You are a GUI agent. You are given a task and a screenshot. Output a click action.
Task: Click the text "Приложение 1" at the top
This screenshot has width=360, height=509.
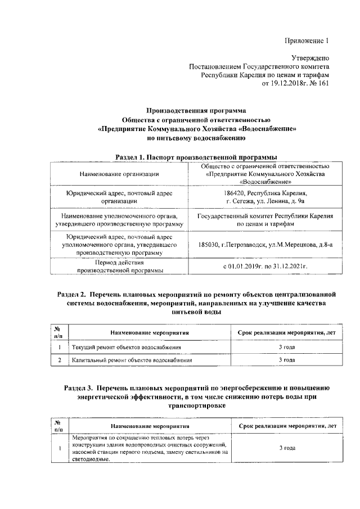click(x=305, y=40)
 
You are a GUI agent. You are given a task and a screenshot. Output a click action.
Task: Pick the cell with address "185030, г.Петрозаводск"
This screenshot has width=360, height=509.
click(x=265, y=245)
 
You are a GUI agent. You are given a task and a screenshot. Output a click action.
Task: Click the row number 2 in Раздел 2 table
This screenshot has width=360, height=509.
click(x=59, y=360)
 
